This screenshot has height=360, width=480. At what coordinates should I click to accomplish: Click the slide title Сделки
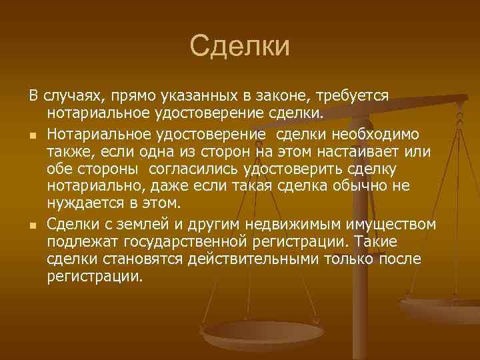click(240, 47)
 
